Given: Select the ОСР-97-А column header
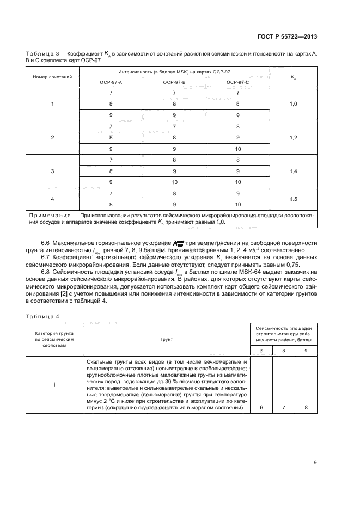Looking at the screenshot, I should coord(111,82).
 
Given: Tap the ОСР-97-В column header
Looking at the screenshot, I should coord(174,82).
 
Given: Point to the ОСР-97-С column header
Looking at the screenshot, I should coord(238,82).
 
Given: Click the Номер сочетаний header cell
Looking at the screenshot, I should coord(52,77).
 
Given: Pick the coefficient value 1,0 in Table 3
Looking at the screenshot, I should coord(293,103).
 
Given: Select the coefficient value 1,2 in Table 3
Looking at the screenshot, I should coord(293,137).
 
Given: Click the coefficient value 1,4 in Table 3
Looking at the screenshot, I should coord(293,171).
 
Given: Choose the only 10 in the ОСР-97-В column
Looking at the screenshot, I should coord(174,182).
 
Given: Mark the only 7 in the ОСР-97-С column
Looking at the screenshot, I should coord(238,92).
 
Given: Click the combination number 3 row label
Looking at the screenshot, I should coord(52,171).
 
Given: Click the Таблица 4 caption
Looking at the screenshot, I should coord(38,315).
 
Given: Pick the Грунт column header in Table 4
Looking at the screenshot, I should coord(167,338).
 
